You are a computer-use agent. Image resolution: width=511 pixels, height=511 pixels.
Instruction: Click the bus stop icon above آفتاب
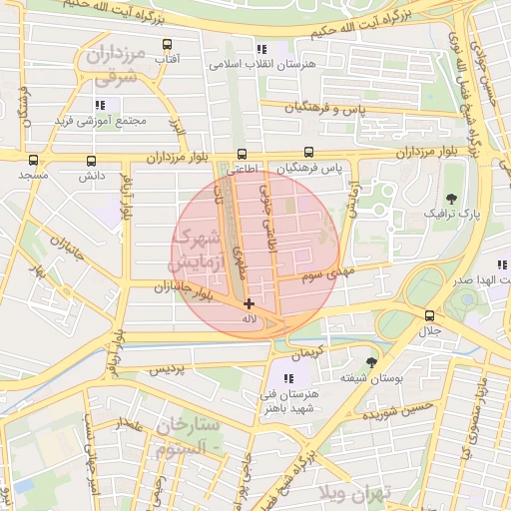point(167,45)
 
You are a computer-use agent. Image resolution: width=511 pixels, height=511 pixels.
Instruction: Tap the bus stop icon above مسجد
point(34,160)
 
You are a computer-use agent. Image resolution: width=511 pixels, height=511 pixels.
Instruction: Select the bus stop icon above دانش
point(92,160)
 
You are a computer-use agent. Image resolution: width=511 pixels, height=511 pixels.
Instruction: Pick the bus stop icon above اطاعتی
point(242,154)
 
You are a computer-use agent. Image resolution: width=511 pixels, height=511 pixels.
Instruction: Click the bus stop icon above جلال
point(429,314)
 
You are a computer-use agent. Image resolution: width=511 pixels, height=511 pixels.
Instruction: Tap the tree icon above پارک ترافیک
point(451,198)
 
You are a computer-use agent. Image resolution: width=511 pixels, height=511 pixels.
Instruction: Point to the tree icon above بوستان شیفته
point(372,362)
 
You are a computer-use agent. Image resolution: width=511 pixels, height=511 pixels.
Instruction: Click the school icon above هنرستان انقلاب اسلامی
point(261,48)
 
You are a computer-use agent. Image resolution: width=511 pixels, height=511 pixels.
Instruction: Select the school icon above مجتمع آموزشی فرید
point(99,104)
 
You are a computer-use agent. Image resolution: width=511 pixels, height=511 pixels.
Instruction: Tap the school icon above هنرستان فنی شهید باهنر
point(287,378)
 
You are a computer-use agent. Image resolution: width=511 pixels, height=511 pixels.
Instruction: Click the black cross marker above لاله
point(249,303)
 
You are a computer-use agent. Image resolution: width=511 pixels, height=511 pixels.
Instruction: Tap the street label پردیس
point(167,369)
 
